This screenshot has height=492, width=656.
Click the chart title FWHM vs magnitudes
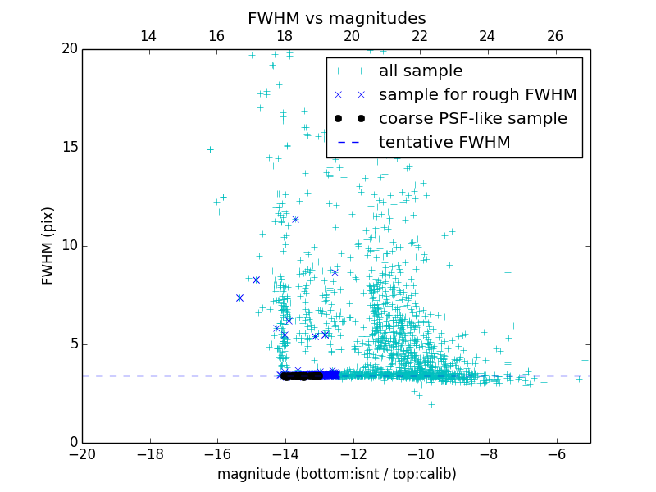click(336, 18)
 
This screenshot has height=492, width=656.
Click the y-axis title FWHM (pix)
click(48, 245)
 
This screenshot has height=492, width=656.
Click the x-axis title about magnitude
click(336, 474)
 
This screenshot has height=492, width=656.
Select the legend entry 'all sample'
click(421, 71)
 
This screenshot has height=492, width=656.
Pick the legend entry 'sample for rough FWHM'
click(477, 95)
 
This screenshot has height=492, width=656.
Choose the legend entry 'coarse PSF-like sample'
click(471, 119)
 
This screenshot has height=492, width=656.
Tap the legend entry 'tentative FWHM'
click(444, 143)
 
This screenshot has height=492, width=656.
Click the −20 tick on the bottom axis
click(82, 453)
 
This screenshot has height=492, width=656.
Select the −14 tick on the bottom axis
click(285, 453)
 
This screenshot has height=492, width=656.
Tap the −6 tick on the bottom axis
click(557, 453)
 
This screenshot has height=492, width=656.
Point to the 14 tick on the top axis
click(148, 36)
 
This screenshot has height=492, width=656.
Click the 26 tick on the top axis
click(555, 36)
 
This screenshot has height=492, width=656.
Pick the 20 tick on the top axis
click(352, 36)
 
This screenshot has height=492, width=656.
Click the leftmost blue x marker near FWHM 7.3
click(239, 298)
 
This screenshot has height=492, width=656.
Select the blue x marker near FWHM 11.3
click(295, 219)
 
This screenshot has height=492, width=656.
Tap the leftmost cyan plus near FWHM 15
click(210, 149)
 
